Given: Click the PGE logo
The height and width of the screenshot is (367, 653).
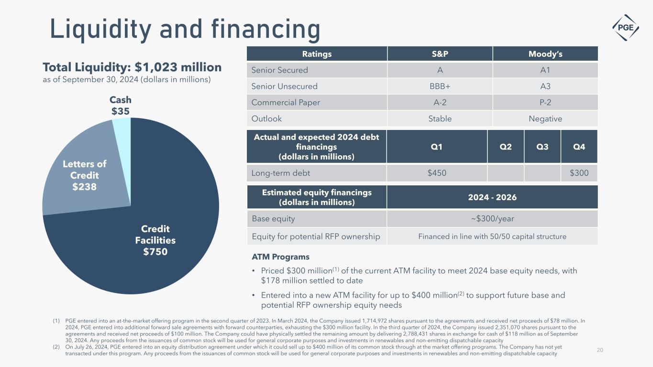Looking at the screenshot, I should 626,27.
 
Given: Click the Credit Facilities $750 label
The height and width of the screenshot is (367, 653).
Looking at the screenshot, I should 155,240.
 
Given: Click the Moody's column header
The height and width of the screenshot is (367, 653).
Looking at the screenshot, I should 545,54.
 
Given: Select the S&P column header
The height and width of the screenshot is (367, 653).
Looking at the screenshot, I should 440,54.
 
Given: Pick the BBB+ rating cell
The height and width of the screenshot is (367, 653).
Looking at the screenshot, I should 440,86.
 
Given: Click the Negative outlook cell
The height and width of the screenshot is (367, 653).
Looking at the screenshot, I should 545,119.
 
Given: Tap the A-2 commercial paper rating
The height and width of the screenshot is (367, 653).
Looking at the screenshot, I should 440,102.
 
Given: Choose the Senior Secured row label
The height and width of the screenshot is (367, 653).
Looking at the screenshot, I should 280,70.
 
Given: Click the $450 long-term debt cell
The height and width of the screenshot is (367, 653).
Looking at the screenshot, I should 436,173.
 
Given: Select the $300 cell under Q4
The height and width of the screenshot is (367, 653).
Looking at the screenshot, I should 579,173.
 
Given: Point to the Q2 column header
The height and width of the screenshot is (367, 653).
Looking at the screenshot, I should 505,147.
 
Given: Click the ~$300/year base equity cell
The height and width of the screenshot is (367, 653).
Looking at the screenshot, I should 492,219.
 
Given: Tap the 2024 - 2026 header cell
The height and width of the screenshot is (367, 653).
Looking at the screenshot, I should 492,197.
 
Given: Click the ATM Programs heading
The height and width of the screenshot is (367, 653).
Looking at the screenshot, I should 280,257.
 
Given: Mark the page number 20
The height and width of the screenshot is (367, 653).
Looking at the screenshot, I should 600,350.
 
